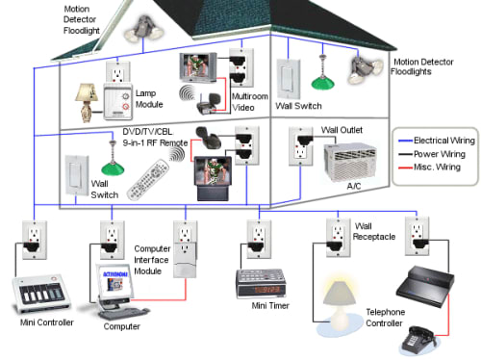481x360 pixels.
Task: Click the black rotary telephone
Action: click(x=418, y=340)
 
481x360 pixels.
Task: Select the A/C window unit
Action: click(x=350, y=163)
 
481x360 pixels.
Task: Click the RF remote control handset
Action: click(x=148, y=180)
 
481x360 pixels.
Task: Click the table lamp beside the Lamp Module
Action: click(x=87, y=103)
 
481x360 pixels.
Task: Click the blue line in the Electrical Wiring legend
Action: click(x=405, y=141)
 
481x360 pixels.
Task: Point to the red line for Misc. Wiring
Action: click(x=405, y=167)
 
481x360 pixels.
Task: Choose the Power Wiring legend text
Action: click(x=440, y=154)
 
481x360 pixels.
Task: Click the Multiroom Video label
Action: click(x=250, y=102)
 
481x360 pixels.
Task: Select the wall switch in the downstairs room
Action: click(x=77, y=175)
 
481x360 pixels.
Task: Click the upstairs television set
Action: click(x=197, y=67)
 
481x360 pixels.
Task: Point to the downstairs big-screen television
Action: click(x=213, y=178)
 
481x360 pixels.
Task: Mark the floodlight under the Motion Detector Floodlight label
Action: click(x=144, y=28)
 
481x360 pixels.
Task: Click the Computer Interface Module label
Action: click(x=152, y=260)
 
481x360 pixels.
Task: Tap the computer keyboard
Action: click(x=124, y=313)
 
